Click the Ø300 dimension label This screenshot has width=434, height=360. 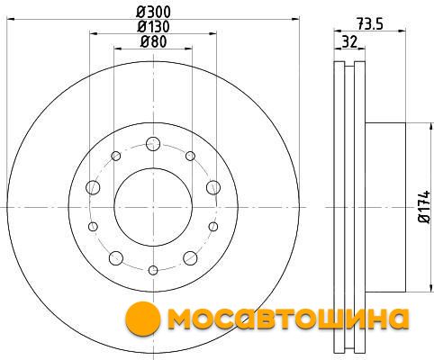click(x=153, y=13)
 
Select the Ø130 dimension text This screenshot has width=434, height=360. click(x=153, y=27)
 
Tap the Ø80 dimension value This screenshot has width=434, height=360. click(x=153, y=41)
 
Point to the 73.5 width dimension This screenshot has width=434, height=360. click(x=370, y=24)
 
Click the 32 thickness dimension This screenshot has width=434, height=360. click(x=349, y=41)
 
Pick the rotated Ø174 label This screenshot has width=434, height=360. click(x=425, y=207)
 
